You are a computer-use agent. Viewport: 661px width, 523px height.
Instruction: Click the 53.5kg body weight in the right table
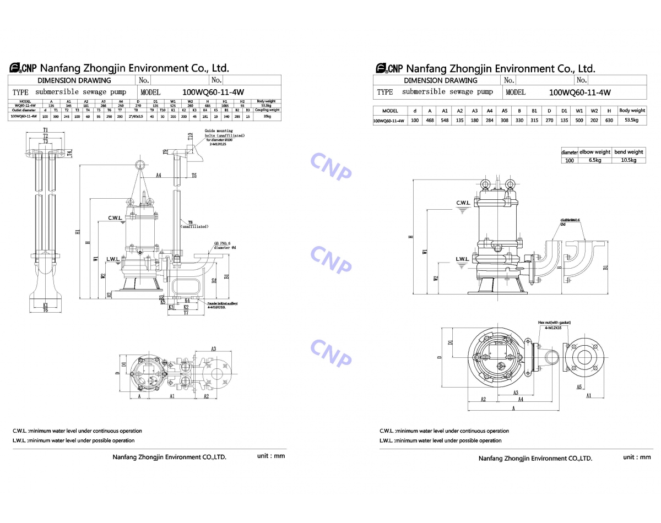[632, 120]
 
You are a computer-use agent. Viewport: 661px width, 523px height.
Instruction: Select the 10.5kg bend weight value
[629, 160]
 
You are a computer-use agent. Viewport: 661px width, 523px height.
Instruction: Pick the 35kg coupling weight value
[266, 117]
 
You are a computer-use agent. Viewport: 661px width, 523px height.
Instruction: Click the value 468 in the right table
[430, 120]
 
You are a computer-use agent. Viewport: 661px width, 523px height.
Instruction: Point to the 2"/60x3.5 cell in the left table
[136, 117]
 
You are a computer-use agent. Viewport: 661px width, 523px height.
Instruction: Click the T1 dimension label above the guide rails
[45, 130]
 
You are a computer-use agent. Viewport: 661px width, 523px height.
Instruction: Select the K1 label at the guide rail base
[46, 304]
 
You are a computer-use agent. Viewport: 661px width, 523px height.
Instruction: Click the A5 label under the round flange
[579, 387]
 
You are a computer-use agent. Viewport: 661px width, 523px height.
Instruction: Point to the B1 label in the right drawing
[605, 268]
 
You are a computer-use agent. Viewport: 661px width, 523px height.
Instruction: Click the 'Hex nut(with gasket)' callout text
[554, 323]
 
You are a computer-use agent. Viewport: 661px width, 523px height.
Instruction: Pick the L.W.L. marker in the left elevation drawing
[113, 258]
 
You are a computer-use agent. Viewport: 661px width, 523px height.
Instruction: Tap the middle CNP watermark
[330, 259]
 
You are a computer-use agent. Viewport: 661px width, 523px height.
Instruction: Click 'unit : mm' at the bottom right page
[637, 457]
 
